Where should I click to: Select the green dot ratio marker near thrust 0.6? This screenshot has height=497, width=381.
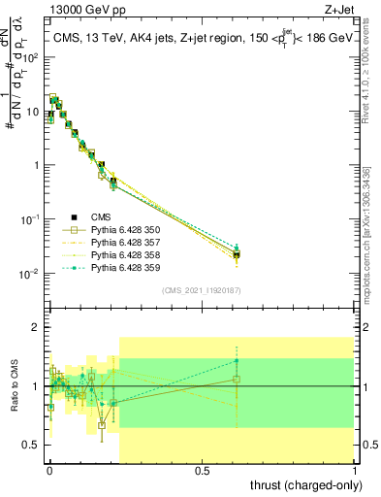click(x=237, y=361)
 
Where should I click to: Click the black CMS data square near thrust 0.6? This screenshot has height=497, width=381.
click(x=237, y=254)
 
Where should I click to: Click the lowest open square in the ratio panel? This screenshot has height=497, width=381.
click(x=102, y=425)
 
